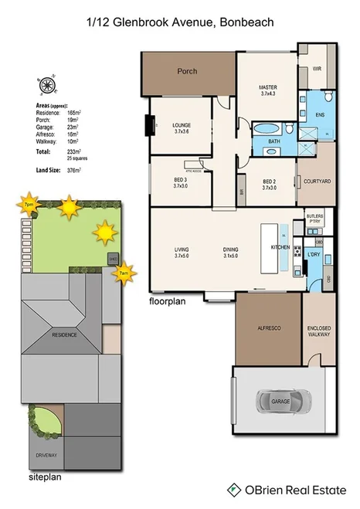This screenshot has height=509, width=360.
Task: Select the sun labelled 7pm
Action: pos(30,205)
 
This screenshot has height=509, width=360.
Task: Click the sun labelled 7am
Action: pos(122,273)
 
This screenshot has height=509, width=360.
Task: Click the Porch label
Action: pos(187,71)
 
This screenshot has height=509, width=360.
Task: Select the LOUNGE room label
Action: pos(181,126)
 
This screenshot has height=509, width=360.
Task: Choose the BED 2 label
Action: pos(269,182)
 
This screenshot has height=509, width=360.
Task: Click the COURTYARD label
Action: pos(317,181)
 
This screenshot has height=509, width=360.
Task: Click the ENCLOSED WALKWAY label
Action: pos(319,331)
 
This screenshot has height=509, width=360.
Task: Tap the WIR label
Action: pos(317,69)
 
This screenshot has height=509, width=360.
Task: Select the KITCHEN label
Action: pos(280,247)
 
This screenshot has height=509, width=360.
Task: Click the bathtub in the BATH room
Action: pos(268,127)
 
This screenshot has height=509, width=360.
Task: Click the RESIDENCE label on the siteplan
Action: pos(64,336)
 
